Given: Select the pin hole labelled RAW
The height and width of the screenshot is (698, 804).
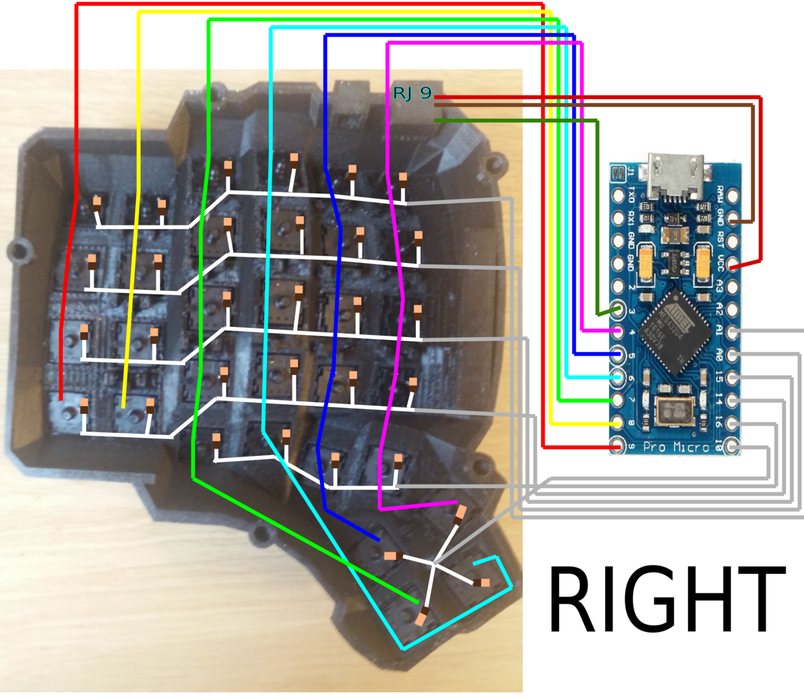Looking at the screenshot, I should pyautogui.click(x=733, y=196).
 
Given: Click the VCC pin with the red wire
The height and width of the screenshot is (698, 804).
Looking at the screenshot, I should pyautogui.click(x=733, y=265).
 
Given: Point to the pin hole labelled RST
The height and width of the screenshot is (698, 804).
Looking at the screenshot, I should pyautogui.click(x=733, y=242).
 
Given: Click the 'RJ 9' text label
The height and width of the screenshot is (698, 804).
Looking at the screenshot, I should pyautogui.click(x=412, y=94).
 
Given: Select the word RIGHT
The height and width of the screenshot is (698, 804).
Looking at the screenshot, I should pyautogui.click(x=667, y=599).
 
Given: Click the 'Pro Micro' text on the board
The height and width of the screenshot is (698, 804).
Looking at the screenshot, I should pyautogui.click(x=676, y=447).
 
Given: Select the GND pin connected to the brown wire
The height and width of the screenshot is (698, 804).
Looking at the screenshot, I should pyautogui.click(x=733, y=219).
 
